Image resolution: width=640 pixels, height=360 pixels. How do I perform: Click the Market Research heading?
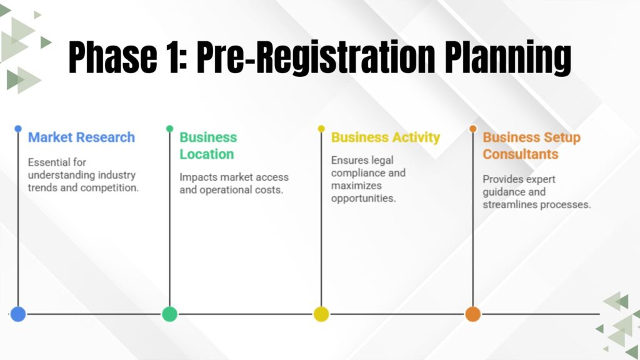pyautogui.click(x=81, y=137)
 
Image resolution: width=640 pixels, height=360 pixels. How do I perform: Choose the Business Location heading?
pyautogui.click(x=208, y=146)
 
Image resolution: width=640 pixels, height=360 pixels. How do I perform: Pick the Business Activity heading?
pyautogui.click(x=386, y=137)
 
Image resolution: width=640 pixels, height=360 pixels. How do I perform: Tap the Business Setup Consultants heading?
pyautogui.click(x=531, y=146)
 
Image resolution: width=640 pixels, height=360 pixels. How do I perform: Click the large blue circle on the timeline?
pyautogui.click(x=18, y=314)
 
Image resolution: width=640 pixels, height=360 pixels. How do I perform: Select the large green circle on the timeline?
pyautogui.click(x=169, y=314)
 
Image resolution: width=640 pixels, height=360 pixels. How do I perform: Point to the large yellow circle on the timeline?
pyautogui.click(x=321, y=314)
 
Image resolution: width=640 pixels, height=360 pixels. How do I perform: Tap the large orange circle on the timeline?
pyautogui.click(x=473, y=314)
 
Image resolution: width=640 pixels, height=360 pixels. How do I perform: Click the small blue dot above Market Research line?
pyautogui.click(x=18, y=129)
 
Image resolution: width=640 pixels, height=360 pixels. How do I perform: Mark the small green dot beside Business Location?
pyautogui.click(x=169, y=129)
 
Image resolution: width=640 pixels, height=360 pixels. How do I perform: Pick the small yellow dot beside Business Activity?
pyautogui.click(x=321, y=129)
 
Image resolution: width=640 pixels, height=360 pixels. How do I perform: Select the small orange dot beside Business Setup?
pyautogui.click(x=473, y=129)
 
